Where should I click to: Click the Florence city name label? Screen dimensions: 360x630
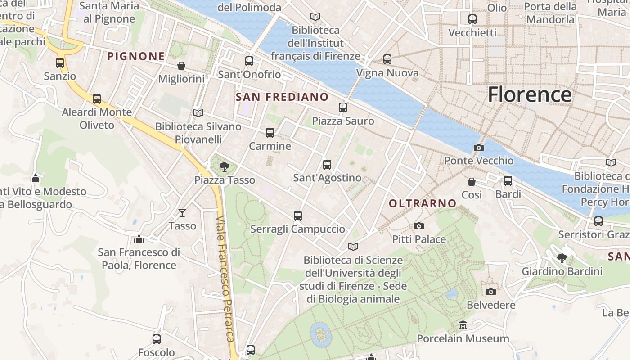[530, 94]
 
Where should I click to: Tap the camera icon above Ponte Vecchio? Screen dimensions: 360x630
[479, 148]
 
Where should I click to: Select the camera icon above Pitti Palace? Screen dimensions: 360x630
[419, 226]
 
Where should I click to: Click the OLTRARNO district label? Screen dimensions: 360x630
[423, 203]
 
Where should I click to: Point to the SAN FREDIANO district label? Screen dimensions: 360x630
[282, 97]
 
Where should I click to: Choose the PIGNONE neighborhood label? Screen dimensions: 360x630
[136, 56]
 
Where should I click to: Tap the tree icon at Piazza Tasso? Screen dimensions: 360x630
[224, 167]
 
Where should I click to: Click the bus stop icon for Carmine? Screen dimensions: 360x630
[270, 133]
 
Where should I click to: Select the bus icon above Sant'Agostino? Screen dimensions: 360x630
[327, 165]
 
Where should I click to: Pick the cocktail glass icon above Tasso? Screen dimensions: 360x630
[182, 212]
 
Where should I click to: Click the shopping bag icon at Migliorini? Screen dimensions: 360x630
[181, 66]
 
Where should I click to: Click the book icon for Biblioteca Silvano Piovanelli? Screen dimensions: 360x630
[198, 113]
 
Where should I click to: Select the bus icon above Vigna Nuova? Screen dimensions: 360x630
[387, 59]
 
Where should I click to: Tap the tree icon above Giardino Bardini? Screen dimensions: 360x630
[562, 258]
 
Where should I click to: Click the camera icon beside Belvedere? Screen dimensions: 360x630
[491, 292]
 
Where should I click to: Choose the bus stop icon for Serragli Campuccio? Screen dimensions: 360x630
[297, 216]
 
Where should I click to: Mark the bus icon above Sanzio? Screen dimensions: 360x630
[60, 63]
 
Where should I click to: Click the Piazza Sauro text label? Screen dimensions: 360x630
[343, 121]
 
